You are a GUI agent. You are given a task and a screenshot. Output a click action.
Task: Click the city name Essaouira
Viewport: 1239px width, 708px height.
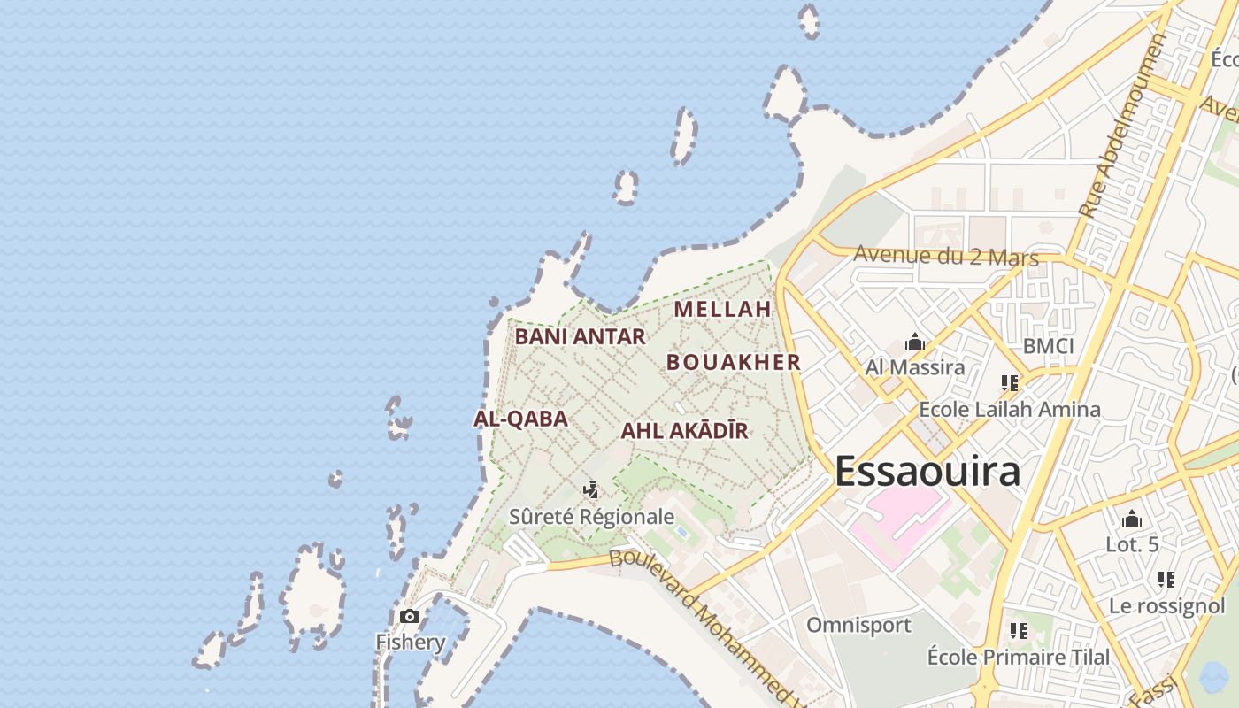click(x=927, y=472)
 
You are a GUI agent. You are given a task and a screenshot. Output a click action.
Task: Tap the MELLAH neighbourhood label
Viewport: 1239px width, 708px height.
click(x=723, y=310)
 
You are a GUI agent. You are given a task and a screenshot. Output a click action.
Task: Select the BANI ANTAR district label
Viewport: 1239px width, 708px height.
click(x=581, y=337)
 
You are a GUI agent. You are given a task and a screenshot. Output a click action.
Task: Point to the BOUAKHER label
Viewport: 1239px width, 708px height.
click(x=734, y=362)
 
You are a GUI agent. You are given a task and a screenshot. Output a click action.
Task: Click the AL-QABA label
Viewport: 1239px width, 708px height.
click(x=520, y=419)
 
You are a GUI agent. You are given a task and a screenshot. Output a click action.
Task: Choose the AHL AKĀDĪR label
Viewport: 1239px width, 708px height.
click(x=685, y=431)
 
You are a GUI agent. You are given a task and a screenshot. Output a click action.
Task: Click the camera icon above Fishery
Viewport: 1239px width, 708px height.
click(x=410, y=616)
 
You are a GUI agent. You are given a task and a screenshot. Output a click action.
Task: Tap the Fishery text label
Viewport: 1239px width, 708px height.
click(x=411, y=642)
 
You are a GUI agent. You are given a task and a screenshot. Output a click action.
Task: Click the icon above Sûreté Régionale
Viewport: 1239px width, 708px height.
click(x=591, y=490)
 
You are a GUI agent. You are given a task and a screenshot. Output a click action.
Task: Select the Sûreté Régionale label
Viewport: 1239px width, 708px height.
click(x=591, y=517)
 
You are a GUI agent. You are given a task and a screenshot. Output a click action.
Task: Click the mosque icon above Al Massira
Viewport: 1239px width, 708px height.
click(x=915, y=342)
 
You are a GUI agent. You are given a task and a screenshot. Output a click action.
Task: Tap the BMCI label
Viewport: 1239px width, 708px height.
click(x=1048, y=346)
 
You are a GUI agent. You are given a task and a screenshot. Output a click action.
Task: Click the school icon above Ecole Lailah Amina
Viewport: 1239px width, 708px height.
click(x=1010, y=383)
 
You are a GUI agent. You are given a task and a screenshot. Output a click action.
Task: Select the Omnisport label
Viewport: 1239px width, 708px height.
click(x=858, y=626)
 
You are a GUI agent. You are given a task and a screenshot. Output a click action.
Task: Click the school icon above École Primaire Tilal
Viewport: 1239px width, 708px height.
click(x=1019, y=631)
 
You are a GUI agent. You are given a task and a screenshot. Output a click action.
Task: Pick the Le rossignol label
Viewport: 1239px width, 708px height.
click(x=1166, y=606)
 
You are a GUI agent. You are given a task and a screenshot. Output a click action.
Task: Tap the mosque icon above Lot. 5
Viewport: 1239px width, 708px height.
click(x=1132, y=519)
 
